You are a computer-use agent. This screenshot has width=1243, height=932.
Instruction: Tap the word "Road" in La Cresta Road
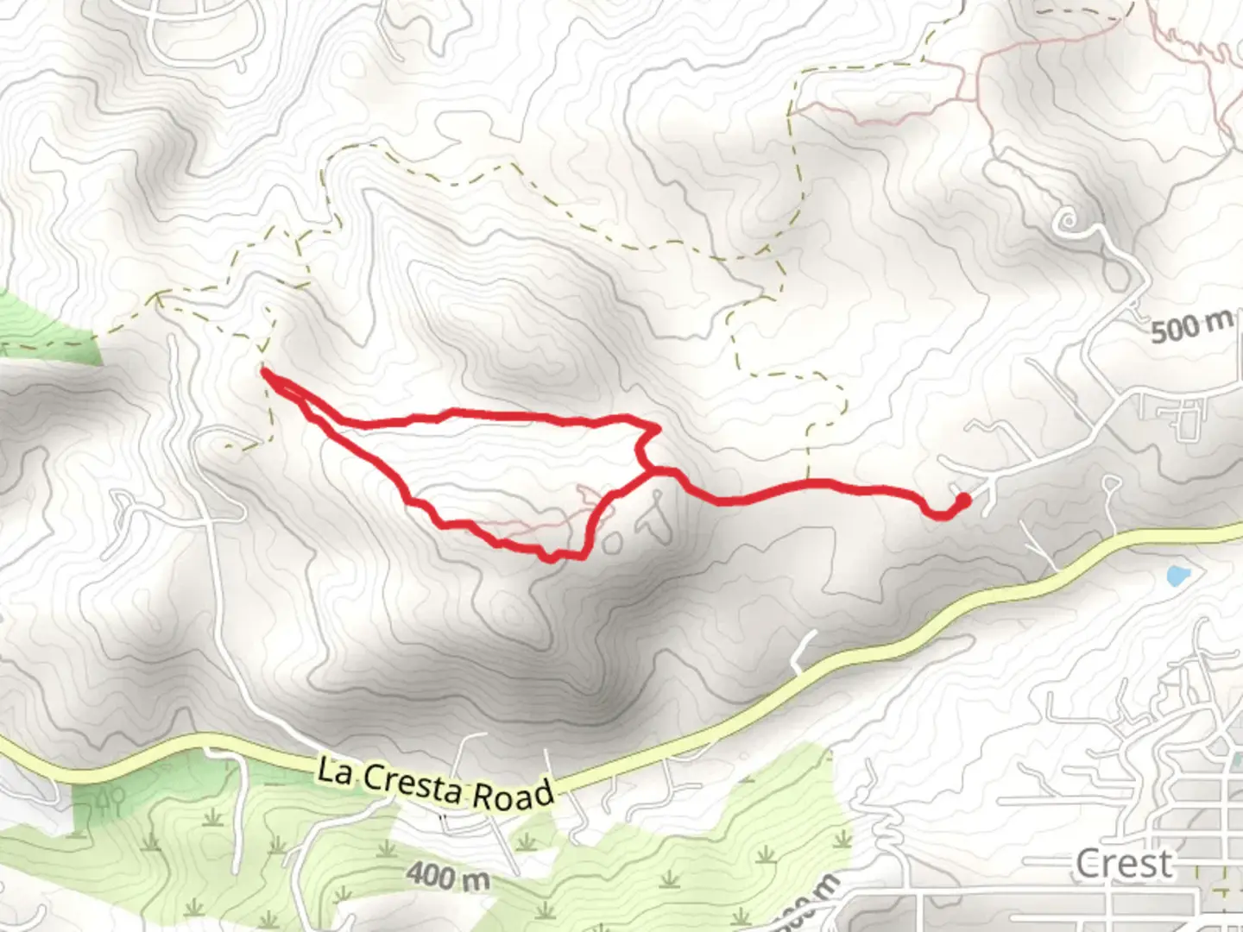tap(515, 794)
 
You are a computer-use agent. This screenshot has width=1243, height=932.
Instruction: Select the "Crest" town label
tap(1124, 863)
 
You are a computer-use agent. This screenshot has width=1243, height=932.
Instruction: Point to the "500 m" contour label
tap(1192, 326)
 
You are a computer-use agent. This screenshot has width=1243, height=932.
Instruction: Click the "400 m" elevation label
tap(448, 876)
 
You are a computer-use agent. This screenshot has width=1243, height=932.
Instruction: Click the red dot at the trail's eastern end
tap(962, 500)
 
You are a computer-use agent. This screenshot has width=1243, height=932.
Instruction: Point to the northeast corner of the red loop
tap(657, 427)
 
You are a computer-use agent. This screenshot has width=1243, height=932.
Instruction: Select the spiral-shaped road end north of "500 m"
tap(1070, 221)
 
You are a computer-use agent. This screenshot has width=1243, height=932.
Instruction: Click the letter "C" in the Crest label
tap(1088, 863)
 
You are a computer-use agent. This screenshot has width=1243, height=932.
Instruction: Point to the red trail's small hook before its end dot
tap(937, 513)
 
